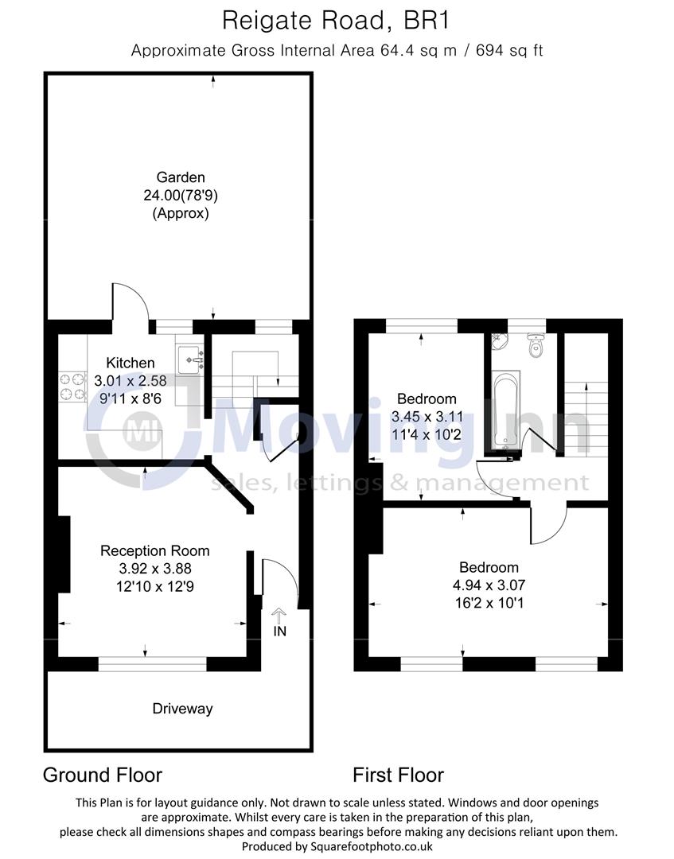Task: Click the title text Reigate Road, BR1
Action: (x=337, y=20)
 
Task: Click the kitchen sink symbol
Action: (x=191, y=360)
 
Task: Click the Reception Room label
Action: (x=154, y=550)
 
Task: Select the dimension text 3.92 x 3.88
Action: (x=154, y=568)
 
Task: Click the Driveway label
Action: (x=182, y=709)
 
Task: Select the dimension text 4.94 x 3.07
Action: (x=489, y=585)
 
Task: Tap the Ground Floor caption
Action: (x=102, y=775)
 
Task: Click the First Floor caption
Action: (x=399, y=775)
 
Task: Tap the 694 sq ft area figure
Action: (x=509, y=51)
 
